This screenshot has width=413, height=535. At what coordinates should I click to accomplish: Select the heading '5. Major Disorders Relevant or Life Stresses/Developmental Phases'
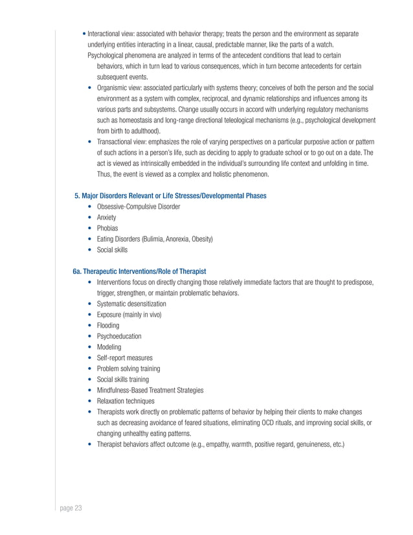[x=170, y=196]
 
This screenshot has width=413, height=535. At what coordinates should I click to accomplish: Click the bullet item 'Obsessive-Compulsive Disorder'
[x=138, y=207]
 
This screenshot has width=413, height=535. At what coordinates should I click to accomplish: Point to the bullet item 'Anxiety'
[x=107, y=218]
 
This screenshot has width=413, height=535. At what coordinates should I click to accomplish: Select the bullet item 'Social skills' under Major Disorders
[x=112, y=249]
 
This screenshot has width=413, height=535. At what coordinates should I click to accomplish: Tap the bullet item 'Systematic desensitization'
[x=131, y=304]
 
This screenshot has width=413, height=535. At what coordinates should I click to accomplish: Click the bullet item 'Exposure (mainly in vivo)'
[x=129, y=315]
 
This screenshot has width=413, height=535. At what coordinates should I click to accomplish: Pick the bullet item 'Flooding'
[x=109, y=326]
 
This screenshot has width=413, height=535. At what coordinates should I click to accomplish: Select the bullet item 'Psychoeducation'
[x=119, y=336]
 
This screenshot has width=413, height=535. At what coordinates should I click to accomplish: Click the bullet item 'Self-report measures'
[x=125, y=358]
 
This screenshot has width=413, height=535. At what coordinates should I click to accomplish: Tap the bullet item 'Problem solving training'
[x=128, y=369]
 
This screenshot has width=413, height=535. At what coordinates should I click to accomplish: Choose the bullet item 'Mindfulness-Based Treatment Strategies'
[x=150, y=390]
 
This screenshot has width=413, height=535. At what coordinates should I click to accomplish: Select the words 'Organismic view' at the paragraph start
[x=120, y=87]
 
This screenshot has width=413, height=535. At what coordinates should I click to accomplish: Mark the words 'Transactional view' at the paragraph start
[x=122, y=141]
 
